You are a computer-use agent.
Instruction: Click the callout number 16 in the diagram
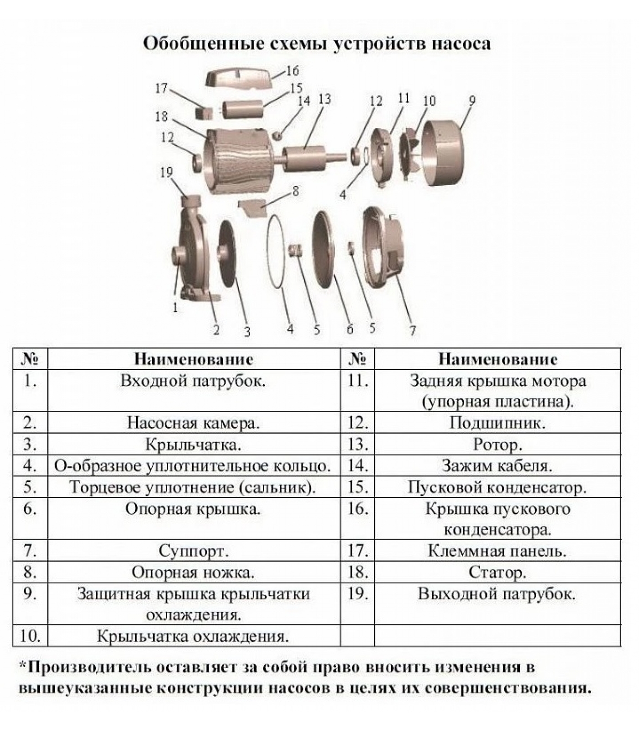pyautogui.click(x=292, y=71)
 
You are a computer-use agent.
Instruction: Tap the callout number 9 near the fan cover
pyautogui.click(x=472, y=101)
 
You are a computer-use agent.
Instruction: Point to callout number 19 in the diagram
pyautogui.click(x=166, y=173)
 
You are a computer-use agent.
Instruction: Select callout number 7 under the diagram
pyautogui.click(x=412, y=330)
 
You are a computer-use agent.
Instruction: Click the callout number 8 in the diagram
pyautogui.click(x=295, y=191)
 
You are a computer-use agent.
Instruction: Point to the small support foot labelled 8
pyautogui.click(x=253, y=208)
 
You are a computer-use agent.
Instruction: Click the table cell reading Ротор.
pyautogui.click(x=498, y=445)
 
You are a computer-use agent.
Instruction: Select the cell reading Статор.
pyautogui.click(x=498, y=572)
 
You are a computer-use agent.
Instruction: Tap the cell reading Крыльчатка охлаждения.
pyautogui.click(x=193, y=636)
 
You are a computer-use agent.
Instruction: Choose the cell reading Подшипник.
pyautogui.click(x=498, y=423)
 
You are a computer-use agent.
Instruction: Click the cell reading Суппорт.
pyautogui.click(x=194, y=551)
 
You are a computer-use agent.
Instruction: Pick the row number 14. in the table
pyautogui.click(x=357, y=466)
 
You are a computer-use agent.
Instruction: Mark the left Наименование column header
pyautogui.click(x=194, y=359)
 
